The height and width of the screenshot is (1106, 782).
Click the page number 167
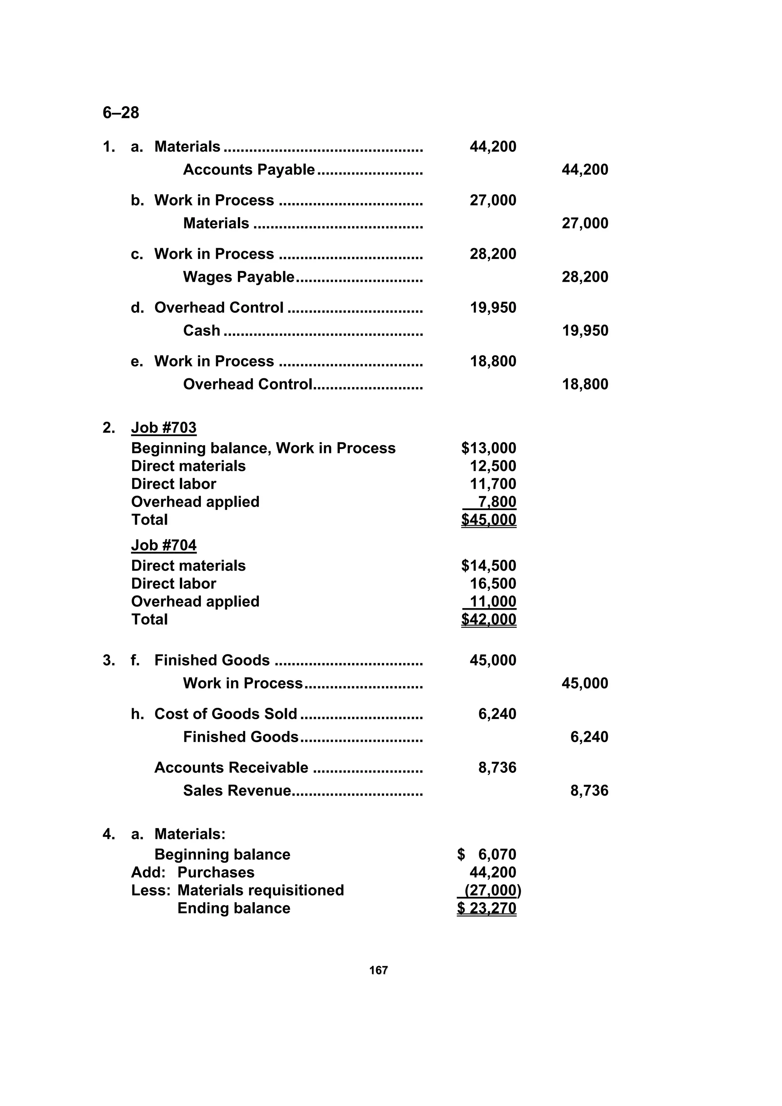[x=378, y=970]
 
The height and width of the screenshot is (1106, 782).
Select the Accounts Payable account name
[x=249, y=170]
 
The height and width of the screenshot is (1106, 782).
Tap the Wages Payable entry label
[x=239, y=277]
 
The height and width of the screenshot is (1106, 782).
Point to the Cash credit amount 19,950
[x=585, y=331]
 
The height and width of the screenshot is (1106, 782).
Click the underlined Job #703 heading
[x=164, y=428]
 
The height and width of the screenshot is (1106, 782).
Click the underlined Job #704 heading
[x=164, y=545]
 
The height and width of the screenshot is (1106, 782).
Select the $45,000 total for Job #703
[x=489, y=520]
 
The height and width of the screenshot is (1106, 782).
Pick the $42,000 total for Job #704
[x=489, y=620]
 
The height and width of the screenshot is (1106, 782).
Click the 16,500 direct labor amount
[x=493, y=584]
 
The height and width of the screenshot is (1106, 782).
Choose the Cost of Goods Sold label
[x=226, y=714]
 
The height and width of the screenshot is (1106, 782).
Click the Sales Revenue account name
[x=237, y=791]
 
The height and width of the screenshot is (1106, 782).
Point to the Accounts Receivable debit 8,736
[x=497, y=767]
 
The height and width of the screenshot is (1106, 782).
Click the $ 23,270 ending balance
[x=486, y=908]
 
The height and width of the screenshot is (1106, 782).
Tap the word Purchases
[x=216, y=872]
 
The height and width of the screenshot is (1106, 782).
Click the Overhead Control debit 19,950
[x=493, y=308]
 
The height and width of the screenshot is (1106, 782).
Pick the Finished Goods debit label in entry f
[x=212, y=660]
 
